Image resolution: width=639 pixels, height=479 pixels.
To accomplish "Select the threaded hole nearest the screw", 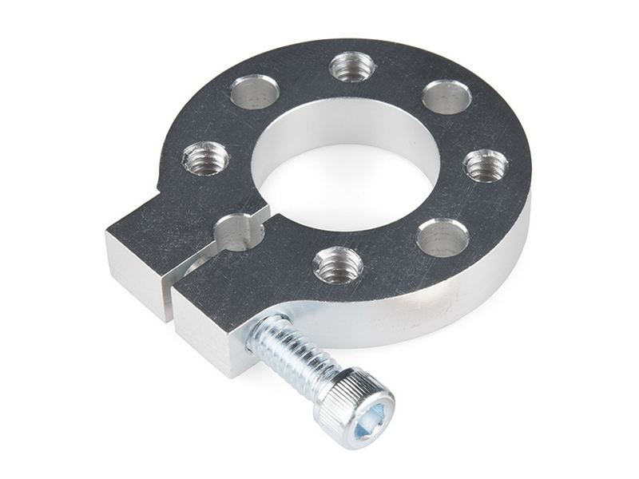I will pos(338,264).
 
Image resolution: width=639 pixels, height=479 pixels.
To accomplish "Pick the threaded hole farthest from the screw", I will pos(352,66).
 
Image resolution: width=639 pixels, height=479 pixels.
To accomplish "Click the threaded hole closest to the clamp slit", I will pos(205,158).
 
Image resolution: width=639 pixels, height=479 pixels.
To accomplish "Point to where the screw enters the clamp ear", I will pos(256,329).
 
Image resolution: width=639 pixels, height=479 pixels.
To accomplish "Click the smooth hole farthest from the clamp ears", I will pos(447,97).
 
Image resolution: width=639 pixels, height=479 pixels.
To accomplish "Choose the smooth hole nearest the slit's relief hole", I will pos(254,92).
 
